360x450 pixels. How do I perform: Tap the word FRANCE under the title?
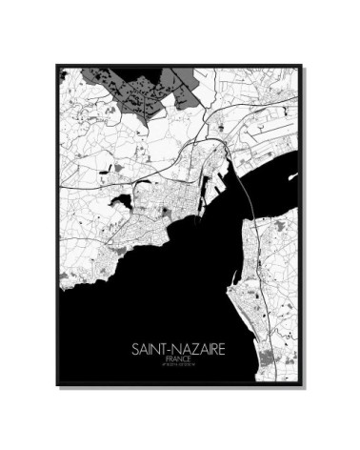point(178,360)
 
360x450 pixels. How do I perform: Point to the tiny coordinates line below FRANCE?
point(178,367)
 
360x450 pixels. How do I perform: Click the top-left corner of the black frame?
point(57,65)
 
